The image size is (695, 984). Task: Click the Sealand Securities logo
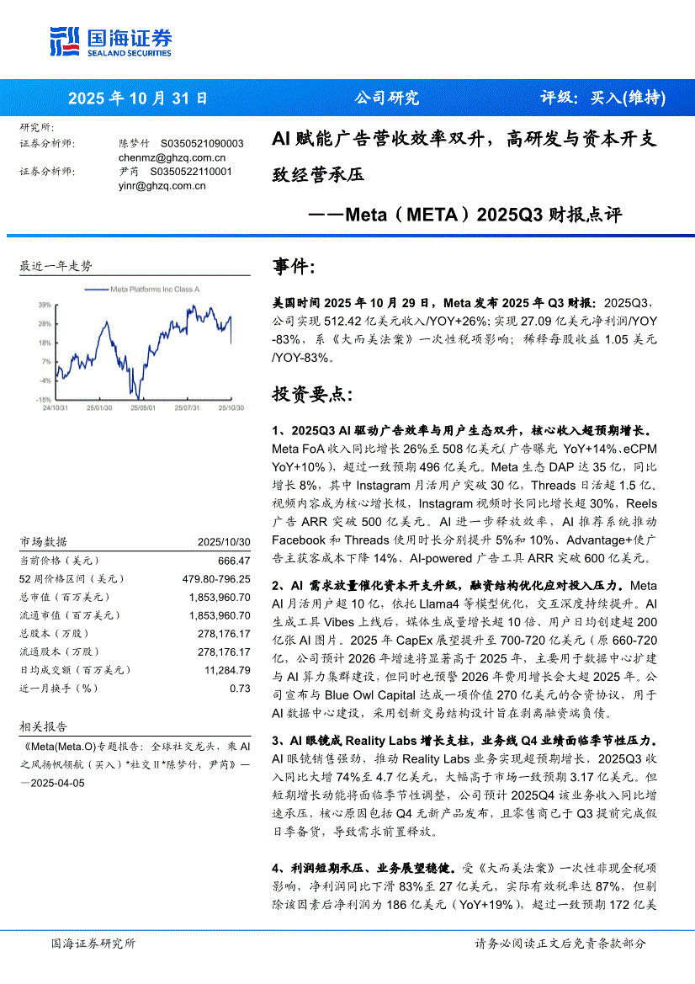[110, 39]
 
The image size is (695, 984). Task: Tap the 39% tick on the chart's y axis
[44, 305]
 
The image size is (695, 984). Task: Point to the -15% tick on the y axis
[43, 400]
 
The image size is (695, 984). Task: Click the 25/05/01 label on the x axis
[142, 407]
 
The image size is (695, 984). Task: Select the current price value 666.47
[234, 561]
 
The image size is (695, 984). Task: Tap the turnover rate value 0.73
[241, 689]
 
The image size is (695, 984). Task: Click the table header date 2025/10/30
[224, 542]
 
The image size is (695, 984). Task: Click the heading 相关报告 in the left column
[43, 726]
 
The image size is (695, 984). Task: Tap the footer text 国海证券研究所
[93, 944]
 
